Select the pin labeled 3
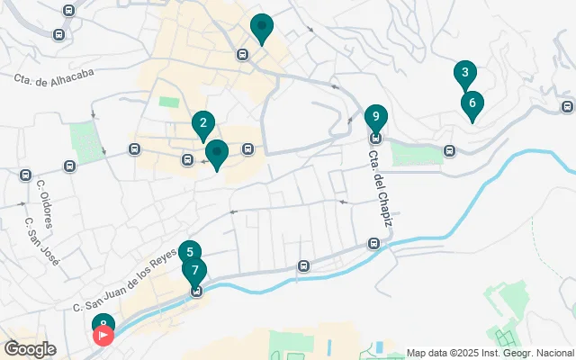(x=464, y=74)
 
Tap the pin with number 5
(x=189, y=254)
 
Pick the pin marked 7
(x=194, y=271)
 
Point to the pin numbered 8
(x=103, y=324)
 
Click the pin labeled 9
(x=376, y=117)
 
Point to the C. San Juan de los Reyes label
(x=125, y=280)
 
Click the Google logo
(x=29, y=349)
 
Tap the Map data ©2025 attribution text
(x=490, y=353)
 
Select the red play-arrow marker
(x=103, y=337)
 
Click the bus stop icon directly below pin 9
(x=376, y=138)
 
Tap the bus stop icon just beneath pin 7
(x=195, y=291)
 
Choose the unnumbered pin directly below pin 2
(x=216, y=155)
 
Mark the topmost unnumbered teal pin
(x=262, y=28)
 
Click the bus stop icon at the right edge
(x=565, y=106)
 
